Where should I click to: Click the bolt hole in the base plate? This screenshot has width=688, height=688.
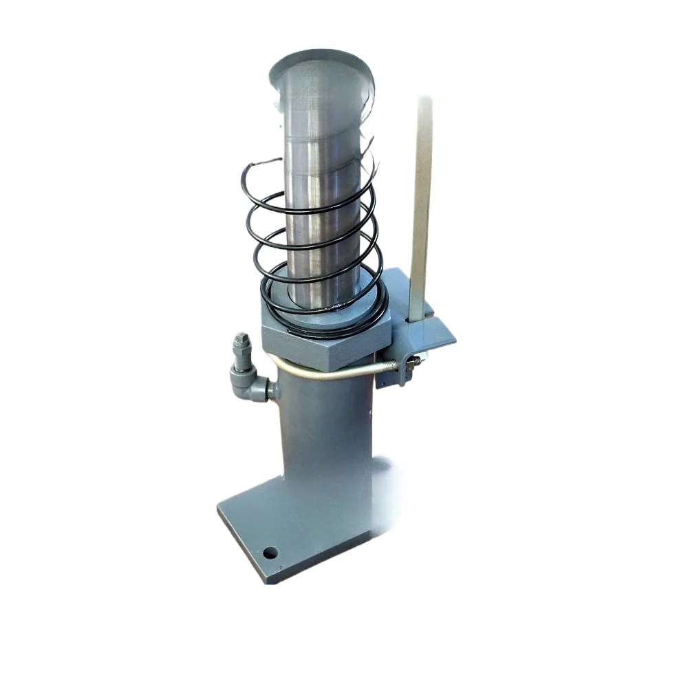[270, 552]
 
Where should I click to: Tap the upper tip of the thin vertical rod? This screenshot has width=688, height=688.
[424, 102]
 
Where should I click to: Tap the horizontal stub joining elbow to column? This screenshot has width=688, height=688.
[270, 390]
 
